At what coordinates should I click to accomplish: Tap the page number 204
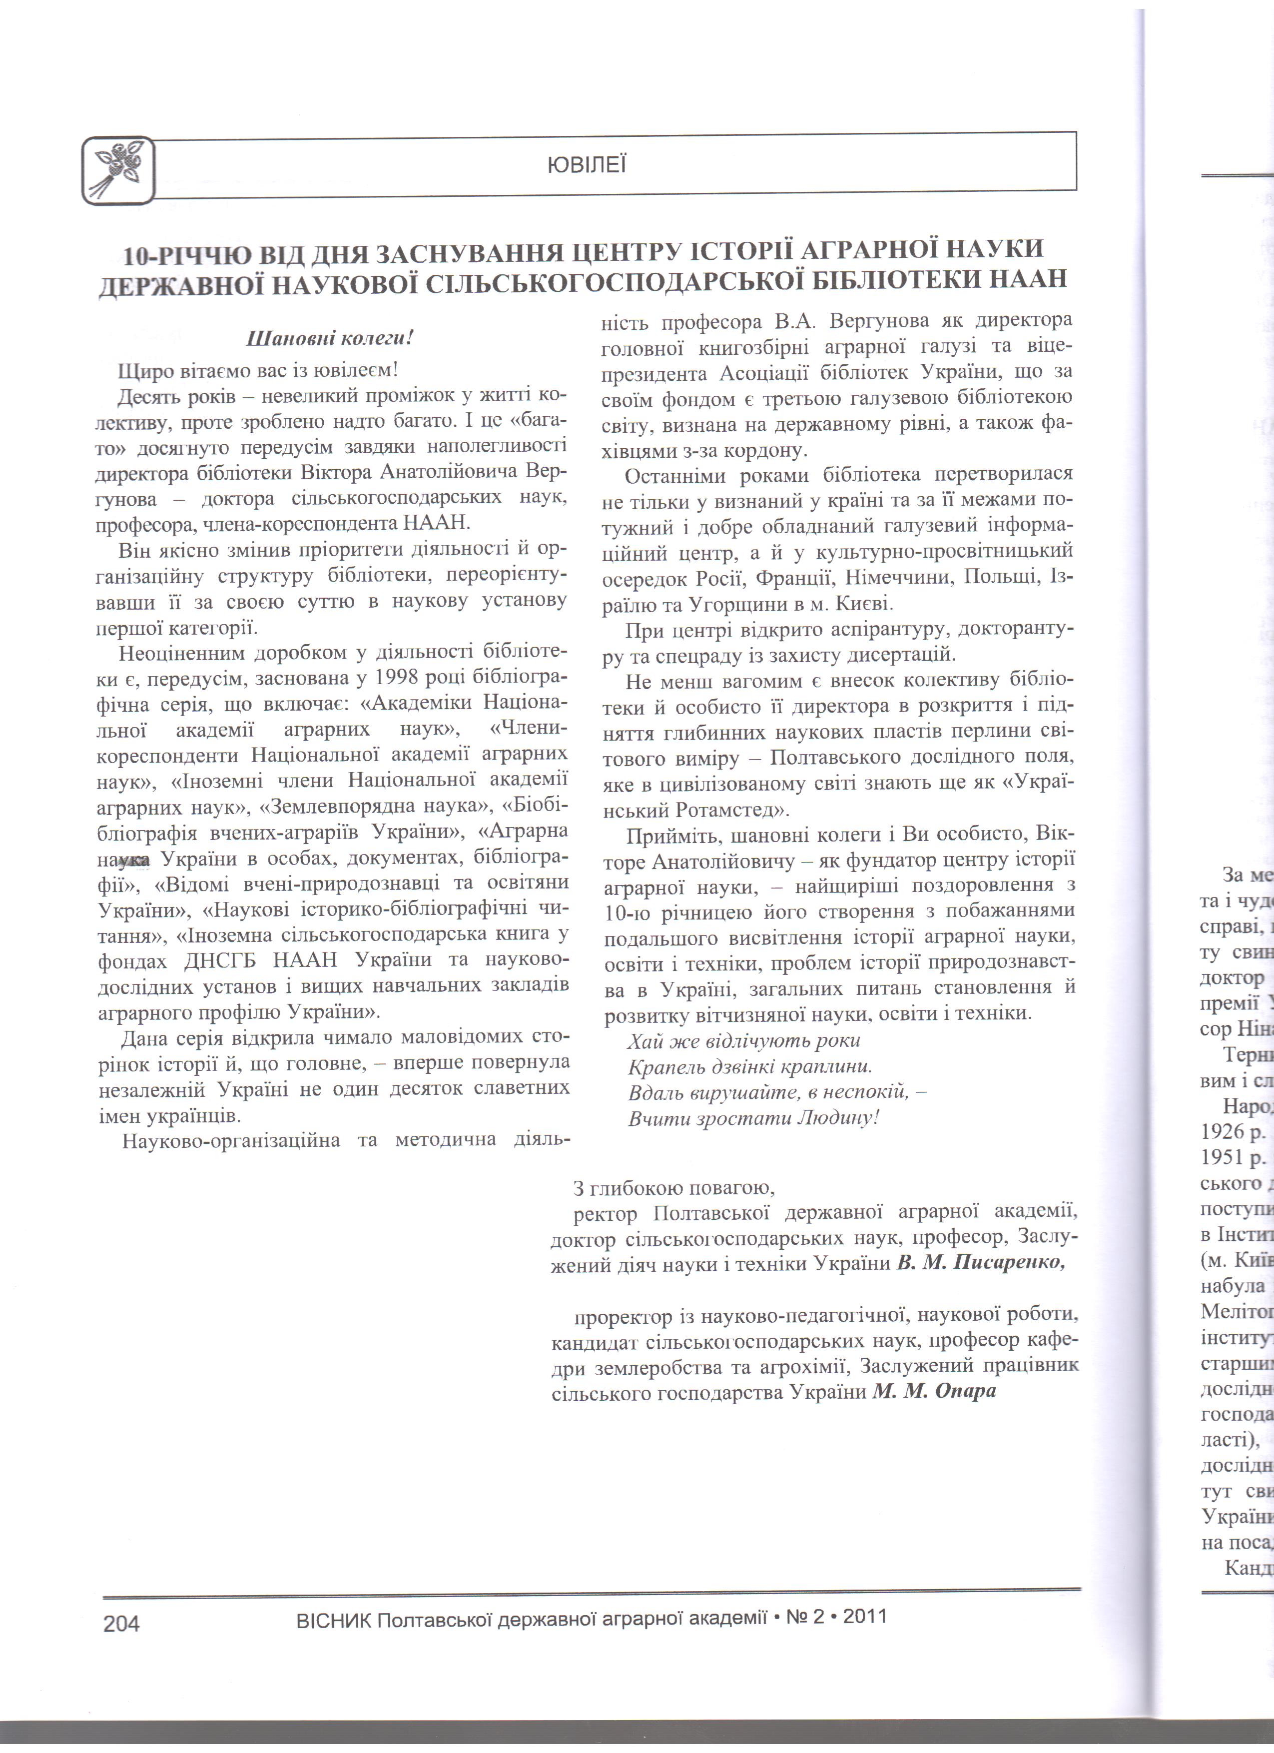click(x=121, y=1623)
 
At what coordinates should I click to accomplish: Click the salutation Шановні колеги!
click(x=330, y=338)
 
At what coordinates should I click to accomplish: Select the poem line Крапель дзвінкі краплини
click(x=749, y=1066)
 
